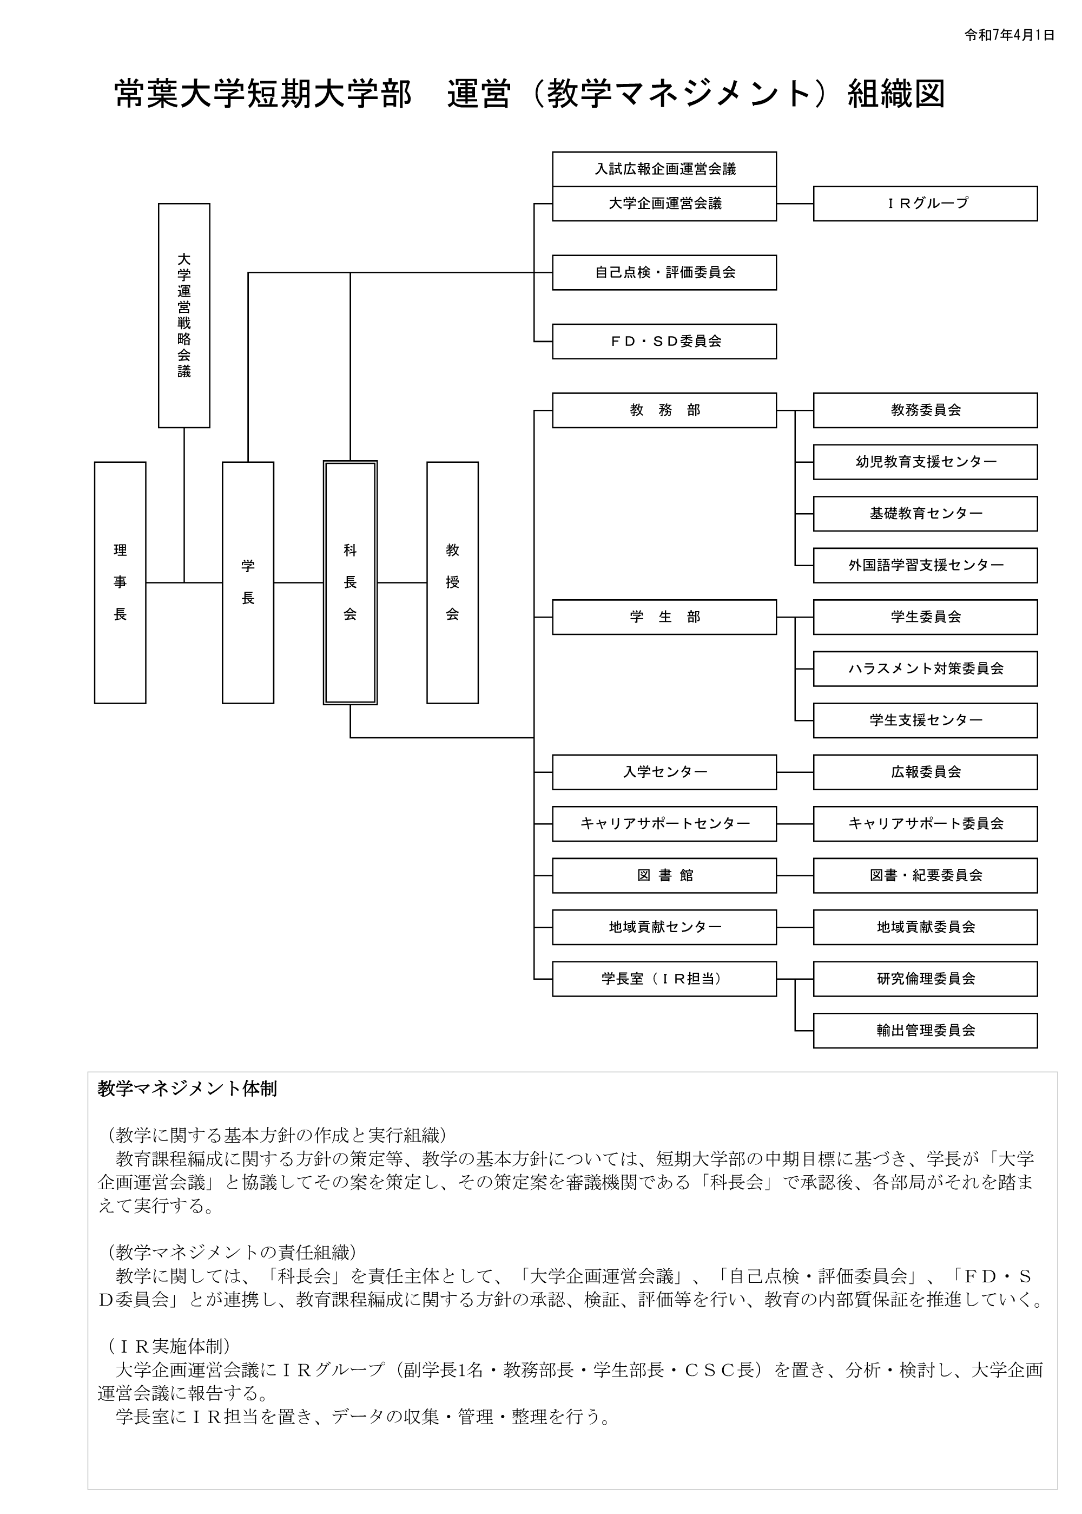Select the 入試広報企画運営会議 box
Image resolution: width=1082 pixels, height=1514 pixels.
pyautogui.click(x=664, y=169)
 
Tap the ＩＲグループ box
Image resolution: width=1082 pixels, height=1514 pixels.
pyautogui.click(x=925, y=204)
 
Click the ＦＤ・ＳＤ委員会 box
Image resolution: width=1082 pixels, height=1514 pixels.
pyautogui.click(x=664, y=342)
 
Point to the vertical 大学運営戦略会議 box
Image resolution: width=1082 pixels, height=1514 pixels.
pyautogui.click(x=184, y=316)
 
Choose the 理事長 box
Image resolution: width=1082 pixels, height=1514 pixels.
pyautogui.click(x=120, y=582)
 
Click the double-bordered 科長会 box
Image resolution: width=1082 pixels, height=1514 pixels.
pyautogui.click(x=351, y=582)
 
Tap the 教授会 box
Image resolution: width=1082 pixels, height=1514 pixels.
pyautogui.click(x=452, y=582)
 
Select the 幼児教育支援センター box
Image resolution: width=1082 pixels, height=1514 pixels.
pyautogui.click(x=925, y=462)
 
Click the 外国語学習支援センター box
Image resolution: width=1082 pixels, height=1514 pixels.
pyautogui.click(x=925, y=565)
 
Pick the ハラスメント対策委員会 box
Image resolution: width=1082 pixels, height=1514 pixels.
pyautogui.click(x=925, y=668)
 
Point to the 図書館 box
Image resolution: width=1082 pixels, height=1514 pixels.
pyautogui.click(x=664, y=875)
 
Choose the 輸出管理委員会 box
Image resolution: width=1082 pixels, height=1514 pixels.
pyautogui.click(x=925, y=1031)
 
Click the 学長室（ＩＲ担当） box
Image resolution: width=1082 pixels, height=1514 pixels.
pyautogui.click(x=664, y=979)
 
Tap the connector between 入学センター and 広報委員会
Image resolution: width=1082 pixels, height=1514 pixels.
pyautogui.click(x=795, y=772)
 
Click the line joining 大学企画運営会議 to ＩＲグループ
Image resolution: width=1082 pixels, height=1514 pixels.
pyautogui.click(x=795, y=204)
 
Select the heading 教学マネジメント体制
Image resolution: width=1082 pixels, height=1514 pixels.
pyautogui.click(x=187, y=1089)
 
